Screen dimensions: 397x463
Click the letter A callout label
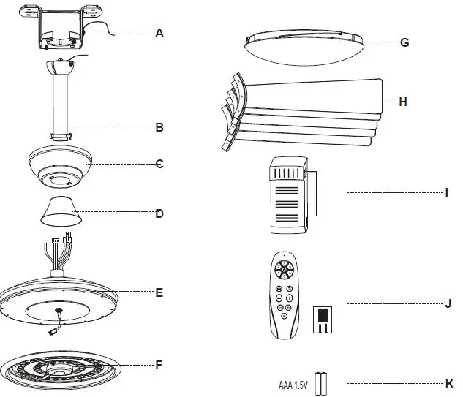pyautogui.click(x=159, y=33)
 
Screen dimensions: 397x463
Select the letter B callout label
pyautogui.click(x=159, y=126)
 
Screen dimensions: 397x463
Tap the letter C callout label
pyautogui.click(x=159, y=164)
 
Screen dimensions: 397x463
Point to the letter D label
pyautogui.click(x=159, y=213)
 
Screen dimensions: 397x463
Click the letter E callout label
pyautogui.click(x=159, y=292)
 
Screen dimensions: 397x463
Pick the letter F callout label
pyautogui.click(x=159, y=363)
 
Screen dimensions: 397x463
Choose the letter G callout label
pyautogui.click(x=404, y=42)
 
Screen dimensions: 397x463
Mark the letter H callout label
pyautogui.click(x=402, y=102)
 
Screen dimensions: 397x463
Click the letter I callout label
pyautogui.click(x=446, y=193)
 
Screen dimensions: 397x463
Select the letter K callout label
pyautogui.click(x=448, y=383)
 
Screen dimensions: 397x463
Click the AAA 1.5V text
pyautogui.click(x=294, y=384)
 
